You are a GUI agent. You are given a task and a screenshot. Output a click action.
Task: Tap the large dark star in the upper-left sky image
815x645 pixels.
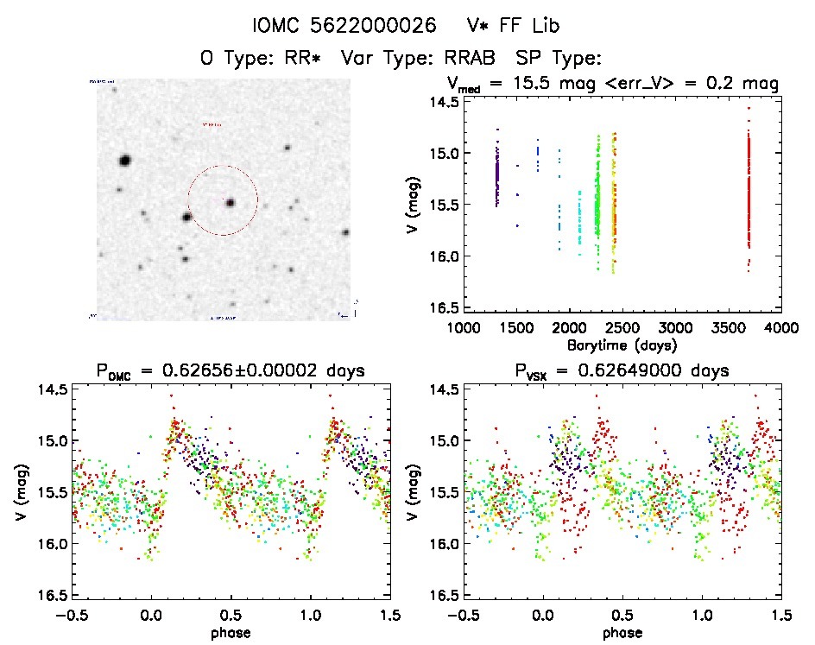(x=124, y=160)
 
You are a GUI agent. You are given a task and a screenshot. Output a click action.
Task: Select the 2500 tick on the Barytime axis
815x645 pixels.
(x=623, y=328)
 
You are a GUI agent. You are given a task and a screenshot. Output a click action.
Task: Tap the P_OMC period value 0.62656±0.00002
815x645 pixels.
(x=265, y=371)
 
